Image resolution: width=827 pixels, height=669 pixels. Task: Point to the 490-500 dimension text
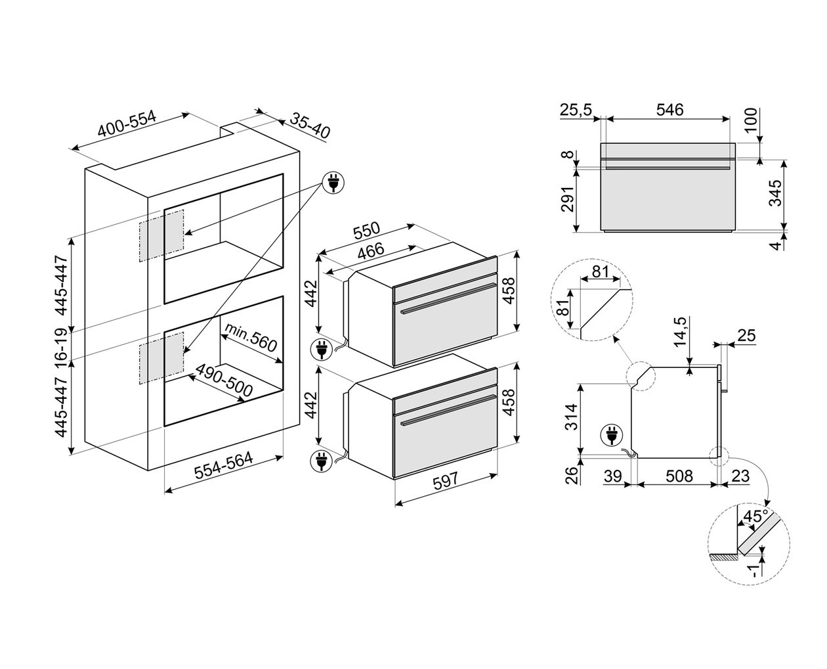coord(224,380)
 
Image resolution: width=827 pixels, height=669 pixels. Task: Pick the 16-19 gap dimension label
coord(62,346)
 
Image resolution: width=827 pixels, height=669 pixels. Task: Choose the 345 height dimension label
coord(776,193)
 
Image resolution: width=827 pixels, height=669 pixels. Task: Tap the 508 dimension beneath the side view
coord(679,476)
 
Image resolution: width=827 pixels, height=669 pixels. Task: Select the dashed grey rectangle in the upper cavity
coord(161,235)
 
